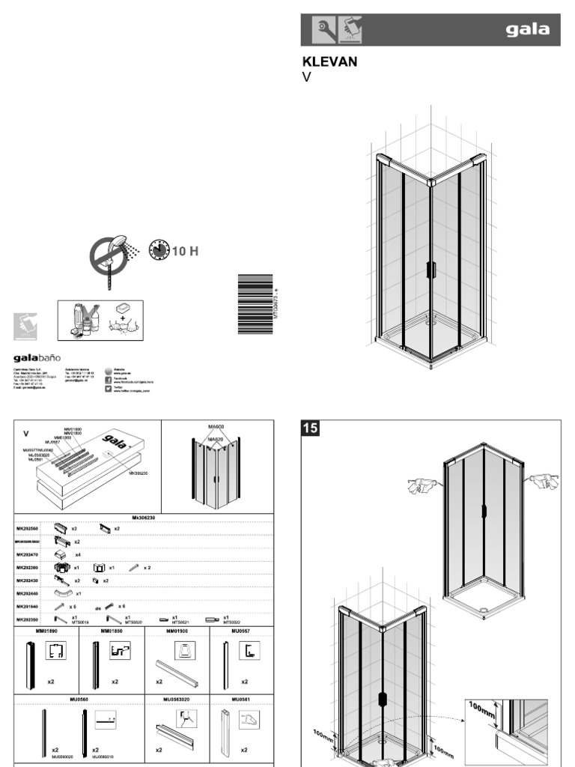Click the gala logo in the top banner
[x=527, y=30]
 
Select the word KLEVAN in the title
[x=329, y=61]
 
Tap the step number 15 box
[x=310, y=428]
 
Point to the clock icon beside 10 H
[x=159, y=251]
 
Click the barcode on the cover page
[x=255, y=304]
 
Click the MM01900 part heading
[x=177, y=631]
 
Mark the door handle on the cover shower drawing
[x=431, y=270]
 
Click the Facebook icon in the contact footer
[x=109, y=380]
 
